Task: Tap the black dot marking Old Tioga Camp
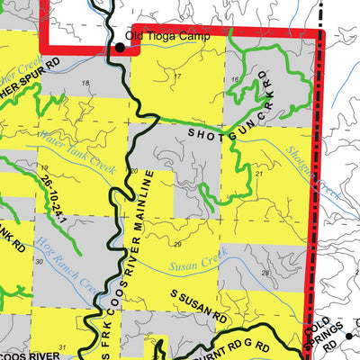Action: pyautogui.click(x=120, y=46)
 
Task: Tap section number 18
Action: pyautogui.click(x=85, y=84)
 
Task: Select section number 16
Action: pyautogui.click(x=235, y=81)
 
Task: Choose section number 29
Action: pyautogui.click(x=177, y=245)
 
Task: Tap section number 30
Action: pyautogui.click(x=39, y=261)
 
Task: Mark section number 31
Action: pyautogui.click(x=62, y=346)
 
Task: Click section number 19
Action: pyautogui.click(x=43, y=167)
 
